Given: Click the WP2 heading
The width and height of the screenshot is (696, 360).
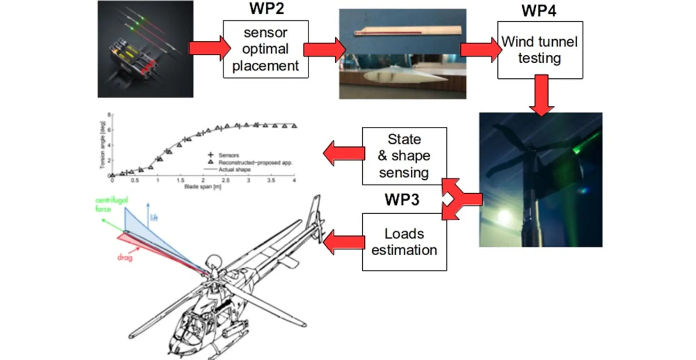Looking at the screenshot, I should click(x=267, y=9).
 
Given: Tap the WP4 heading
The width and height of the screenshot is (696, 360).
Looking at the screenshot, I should click(x=539, y=11).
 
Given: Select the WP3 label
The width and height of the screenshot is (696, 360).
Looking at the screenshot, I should click(x=402, y=200).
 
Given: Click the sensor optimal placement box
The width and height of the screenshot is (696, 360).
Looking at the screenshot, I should click(x=266, y=49).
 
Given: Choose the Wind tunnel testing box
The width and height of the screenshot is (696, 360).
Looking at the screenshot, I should click(x=540, y=50).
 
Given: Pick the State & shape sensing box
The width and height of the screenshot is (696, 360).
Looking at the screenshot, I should click(x=404, y=156).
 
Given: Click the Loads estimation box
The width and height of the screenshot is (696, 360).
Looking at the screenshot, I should click(x=404, y=242).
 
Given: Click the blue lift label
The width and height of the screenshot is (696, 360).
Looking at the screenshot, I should click(x=154, y=218).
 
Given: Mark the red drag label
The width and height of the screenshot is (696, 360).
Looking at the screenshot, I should click(x=125, y=258).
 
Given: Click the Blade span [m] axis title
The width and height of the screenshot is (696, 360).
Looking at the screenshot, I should click(x=203, y=187).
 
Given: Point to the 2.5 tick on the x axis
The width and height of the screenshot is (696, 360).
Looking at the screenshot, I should click(x=226, y=180).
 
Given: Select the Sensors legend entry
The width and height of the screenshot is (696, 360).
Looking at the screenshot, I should click(x=228, y=155).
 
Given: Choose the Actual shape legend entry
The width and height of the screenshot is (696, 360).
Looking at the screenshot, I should click(x=234, y=170).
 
